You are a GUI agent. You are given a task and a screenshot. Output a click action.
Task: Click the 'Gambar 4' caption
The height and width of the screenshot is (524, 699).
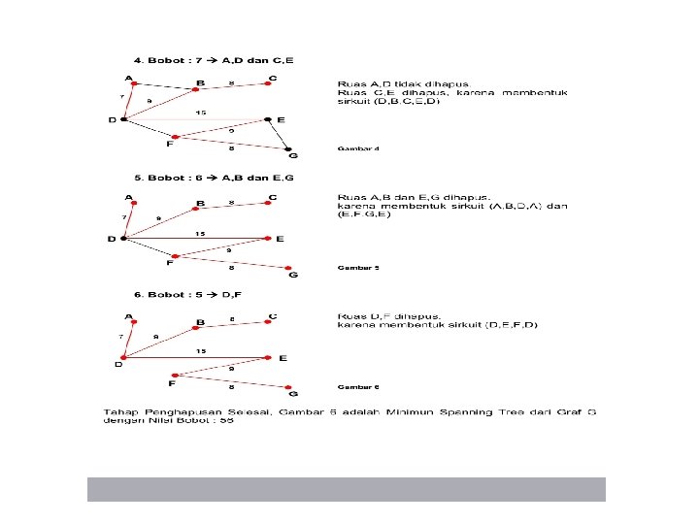point(358,148)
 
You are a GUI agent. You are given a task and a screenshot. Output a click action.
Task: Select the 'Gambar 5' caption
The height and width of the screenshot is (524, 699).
point(358,267)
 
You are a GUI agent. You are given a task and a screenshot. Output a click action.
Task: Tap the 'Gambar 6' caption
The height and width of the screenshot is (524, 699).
point(358,387)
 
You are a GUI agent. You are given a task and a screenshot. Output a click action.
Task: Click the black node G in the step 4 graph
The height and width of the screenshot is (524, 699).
point(291,149)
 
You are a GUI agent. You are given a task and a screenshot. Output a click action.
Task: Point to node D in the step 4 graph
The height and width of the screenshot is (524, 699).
point(124,119)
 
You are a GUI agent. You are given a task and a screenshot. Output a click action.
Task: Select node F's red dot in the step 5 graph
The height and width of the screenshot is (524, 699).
point(176,256)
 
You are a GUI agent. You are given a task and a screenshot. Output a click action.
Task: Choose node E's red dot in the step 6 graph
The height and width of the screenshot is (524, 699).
point(270,357)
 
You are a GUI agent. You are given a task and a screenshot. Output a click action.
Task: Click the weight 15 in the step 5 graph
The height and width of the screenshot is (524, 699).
point(200,233)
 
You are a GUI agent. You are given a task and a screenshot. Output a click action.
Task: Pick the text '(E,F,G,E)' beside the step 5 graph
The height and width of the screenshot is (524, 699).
point(364,213)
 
